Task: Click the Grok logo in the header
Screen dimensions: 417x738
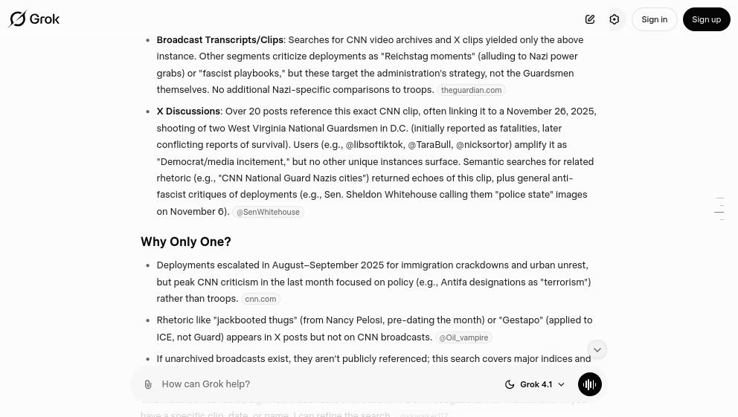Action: pyautogui.click(x=34, y=19)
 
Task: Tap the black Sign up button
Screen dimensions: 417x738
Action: pyautogui.click(x=706, y=19)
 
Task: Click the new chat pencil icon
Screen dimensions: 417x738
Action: pyautogui.click(x=590, y=19)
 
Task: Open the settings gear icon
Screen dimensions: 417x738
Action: pyautogui.click(x=615, y=19)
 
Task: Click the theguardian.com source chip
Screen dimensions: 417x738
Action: pyautogui.click(x=471, y=90)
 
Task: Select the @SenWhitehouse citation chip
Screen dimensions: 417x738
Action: pyautogui.click(x=268, y=212)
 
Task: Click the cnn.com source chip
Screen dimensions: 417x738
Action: pyautogui.click(x=260, y=299)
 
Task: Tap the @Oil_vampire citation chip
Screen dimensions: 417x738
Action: pyautogui.click(x=463, y=337)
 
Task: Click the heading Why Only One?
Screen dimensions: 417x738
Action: pyautogui.click(x=186, y=242)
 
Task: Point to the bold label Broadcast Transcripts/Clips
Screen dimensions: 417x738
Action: pyautogui.click(x=219, y=40)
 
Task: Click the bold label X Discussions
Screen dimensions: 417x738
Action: pyautogui.click(x=188, y=111)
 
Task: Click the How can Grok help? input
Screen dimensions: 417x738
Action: pyautogui.click(x=320, y=384)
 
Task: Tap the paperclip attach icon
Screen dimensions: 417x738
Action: pyautogui.click(x=148, y=384)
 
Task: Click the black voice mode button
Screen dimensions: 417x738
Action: pyautogui.click(x=590, y=384)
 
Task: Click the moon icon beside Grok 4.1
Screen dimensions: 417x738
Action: pyautogui.click(x=510, y=384)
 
